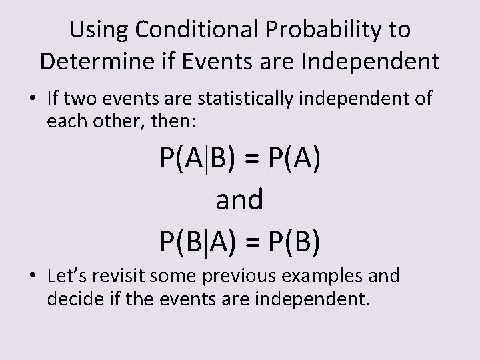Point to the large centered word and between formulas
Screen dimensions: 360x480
[240, 199]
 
